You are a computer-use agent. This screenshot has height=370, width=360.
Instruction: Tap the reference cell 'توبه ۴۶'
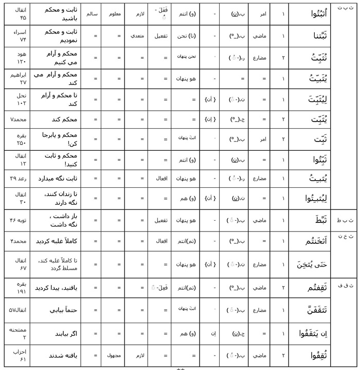coord(19,220)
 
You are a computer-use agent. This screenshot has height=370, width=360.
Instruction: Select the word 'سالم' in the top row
coord(88,14)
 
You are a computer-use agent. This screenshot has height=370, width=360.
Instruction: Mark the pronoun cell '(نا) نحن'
coord(184,36)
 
